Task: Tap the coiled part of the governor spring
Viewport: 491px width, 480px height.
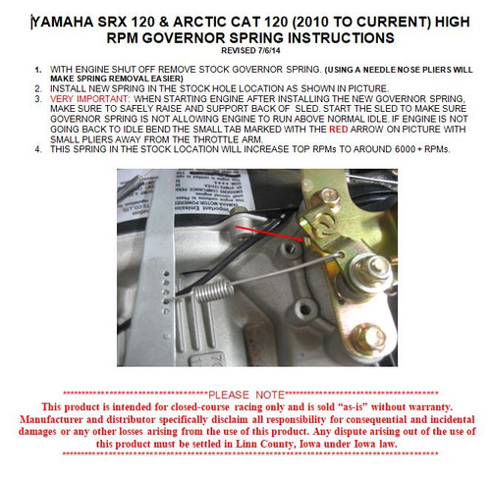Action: pyautogui.click(x=216, y=292)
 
